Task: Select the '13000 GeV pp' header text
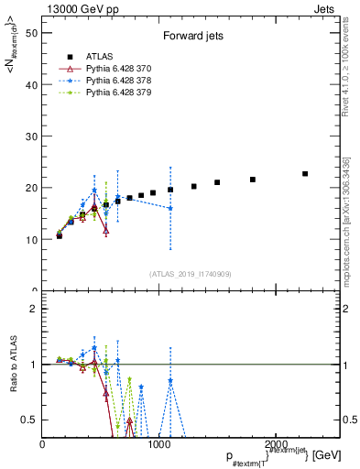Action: click(x=81, y=7)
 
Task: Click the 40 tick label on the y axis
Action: click(x=31, y=84)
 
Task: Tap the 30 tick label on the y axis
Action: click(x=31, y=136)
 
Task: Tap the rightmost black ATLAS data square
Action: click(x=305, y=173)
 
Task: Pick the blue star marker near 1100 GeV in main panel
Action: click(x=170, y=209)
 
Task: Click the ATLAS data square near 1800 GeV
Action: click(x=253, y=180)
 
